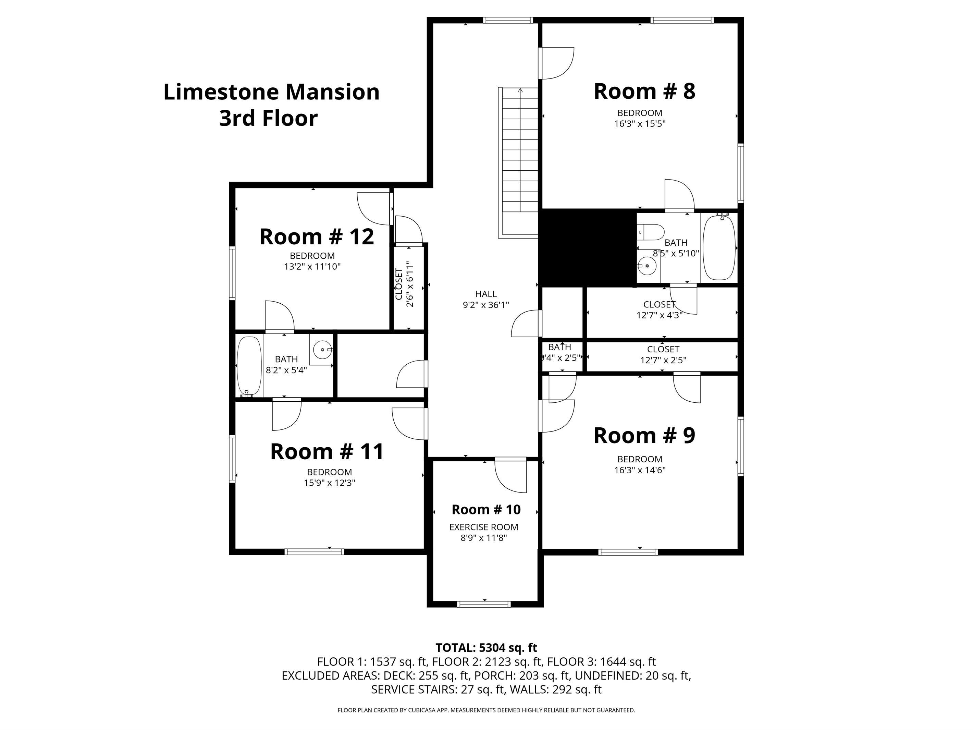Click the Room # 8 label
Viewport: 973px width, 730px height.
click(x=644, y=92)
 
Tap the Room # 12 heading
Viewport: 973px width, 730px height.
click(x=316, y=237)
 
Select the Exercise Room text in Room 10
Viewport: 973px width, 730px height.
click(x=483, y=527)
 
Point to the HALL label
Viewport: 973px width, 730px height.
click(x=485, y=294)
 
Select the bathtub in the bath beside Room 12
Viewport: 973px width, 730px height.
click(x=249, y=366)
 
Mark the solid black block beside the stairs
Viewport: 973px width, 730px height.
click(x=588, y=248)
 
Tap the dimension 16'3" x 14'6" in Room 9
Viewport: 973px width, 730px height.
click(x=640, y=470)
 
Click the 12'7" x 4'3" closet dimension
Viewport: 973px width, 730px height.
click(x=659, y=315)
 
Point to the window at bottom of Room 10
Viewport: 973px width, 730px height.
click(x=484, y=604)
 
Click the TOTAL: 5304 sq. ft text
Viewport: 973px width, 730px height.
click(x=486, y=648)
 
